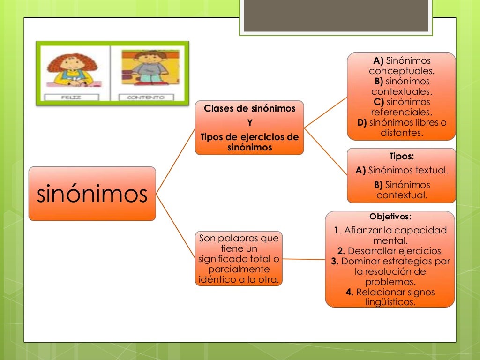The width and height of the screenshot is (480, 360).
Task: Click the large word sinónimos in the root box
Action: pyautogui.click(x=92, y=194)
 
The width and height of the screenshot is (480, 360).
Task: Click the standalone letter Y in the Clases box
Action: pyautogui.click(x=249, y=123)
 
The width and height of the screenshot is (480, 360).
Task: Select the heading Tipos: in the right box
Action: pyautogui.click(x=402, y=157)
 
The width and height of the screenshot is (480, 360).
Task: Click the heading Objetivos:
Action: pyautogui.click(x=390, y=217)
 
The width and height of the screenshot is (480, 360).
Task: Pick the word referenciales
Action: pyautogui.click(x=401, y=112)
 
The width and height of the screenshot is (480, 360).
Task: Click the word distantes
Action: pyautogui.click(x=402, y=133)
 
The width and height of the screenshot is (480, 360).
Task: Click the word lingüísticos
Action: pyautogui.click(x=390, y=302)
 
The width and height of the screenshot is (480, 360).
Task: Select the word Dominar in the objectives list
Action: pyautogui.click(x=357, y=261)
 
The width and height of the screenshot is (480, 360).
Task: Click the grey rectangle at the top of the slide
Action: pyautogui.click(x=336, y=15)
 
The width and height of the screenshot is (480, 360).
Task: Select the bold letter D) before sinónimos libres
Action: pyautogui.click(x=362, y=123)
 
